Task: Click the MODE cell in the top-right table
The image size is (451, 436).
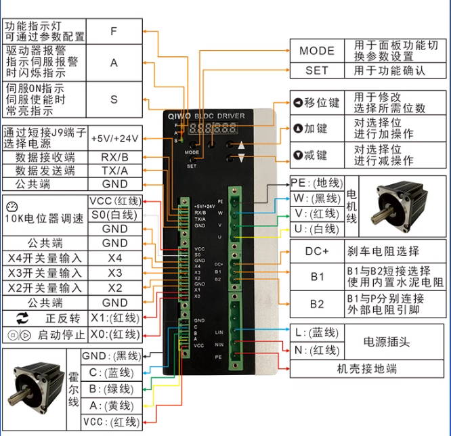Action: (x=317, y=51)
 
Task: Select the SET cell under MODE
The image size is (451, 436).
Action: (x=317, y=70)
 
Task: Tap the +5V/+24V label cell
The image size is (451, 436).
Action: (x=114, y=137)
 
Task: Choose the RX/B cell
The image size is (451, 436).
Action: (x=114, y=157)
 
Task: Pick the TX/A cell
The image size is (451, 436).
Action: (x=114, y=171)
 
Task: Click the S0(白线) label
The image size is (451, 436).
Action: (x=114, y=215)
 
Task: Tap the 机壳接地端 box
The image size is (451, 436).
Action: (x=368, y=369)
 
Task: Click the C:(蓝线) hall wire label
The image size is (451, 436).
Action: (x=108, y=373)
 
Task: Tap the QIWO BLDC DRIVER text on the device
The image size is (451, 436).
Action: (x=207, y=116)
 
